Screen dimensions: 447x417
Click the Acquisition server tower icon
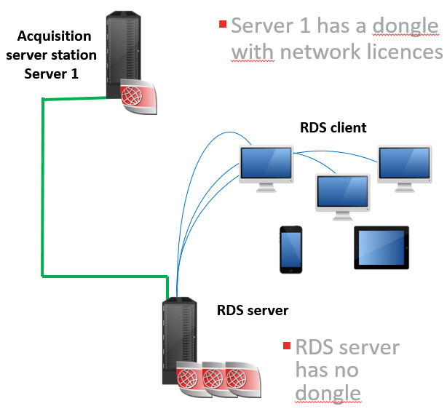[x=123, y=55]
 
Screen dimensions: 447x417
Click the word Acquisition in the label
[x=54, y=36]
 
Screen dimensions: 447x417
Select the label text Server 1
[x=51, y=74]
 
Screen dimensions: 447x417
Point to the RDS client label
[x=333, y=127]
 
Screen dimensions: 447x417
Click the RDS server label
[x=253, y=310]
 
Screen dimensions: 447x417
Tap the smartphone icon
[x=290, y=250]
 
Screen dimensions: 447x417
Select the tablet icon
[x=381, y=247]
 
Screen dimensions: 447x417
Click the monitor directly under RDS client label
[x=266, y=169]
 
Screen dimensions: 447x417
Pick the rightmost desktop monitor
[x=405, y=169]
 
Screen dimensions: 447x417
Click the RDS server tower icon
[x=180, y=341]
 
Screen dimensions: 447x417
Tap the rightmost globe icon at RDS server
[x=243, y=379]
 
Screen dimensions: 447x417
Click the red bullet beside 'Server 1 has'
[x=223, y=24]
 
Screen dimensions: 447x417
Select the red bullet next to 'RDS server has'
[x=287, y=346]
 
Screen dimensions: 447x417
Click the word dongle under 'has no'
[x=328, y=393]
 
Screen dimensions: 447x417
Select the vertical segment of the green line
[x=43, y=187]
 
